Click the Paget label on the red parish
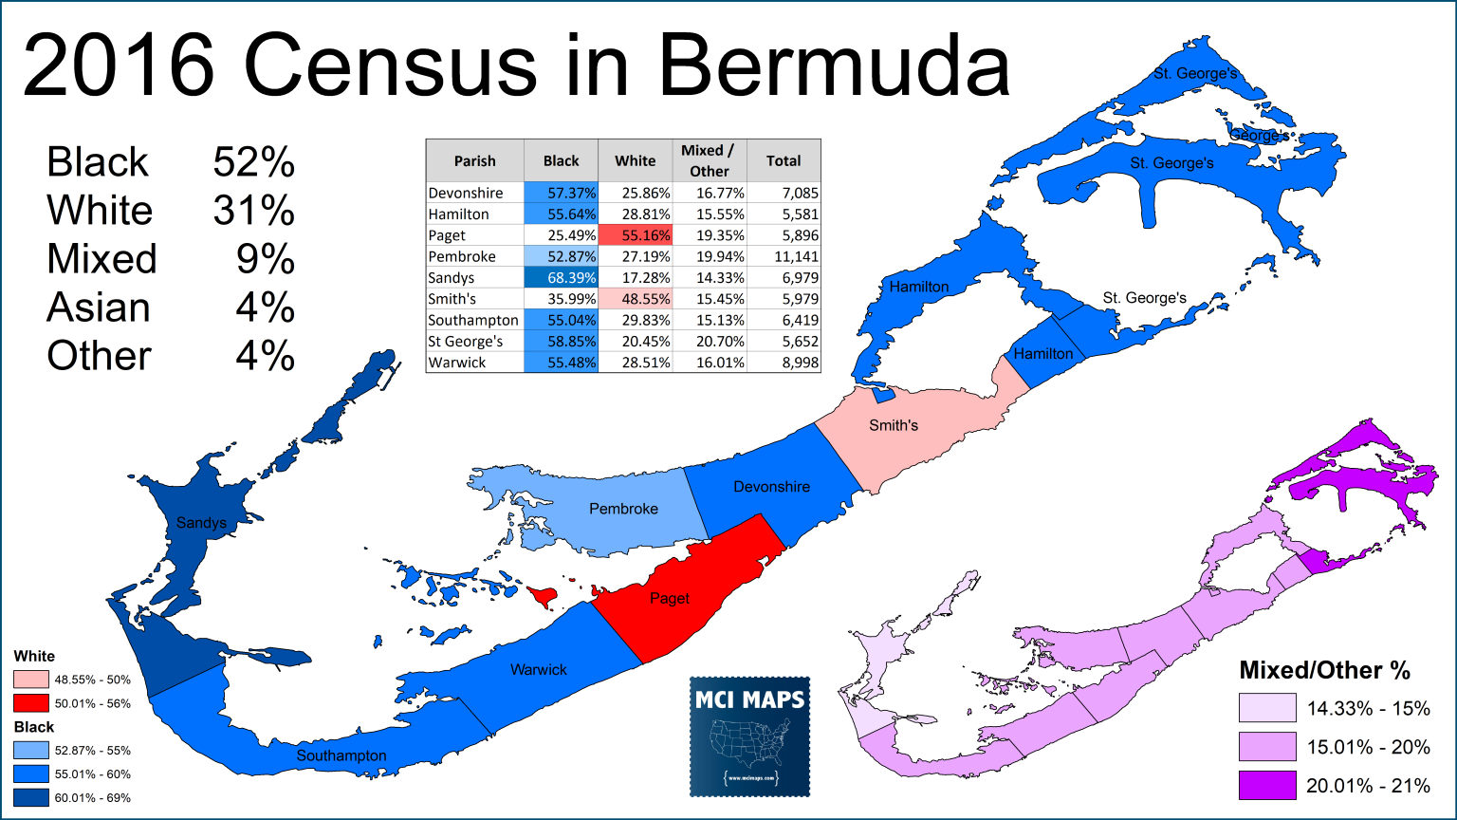click(670, 599)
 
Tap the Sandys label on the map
click(201, 523)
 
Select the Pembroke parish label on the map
click(623, 509)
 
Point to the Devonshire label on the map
click(771, 487)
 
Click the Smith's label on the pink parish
click(894, 425)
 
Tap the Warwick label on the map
click(539, 670)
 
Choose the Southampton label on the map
click(341, 755)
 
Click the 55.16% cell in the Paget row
click(636, 235)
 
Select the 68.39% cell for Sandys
click(562, 278)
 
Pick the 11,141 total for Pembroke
click(784, 256)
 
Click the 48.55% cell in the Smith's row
click(636, 299)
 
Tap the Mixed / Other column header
click(709, 160)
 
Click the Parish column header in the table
click(475, 160)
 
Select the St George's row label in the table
click(466, 341)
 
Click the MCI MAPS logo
click(749, 736)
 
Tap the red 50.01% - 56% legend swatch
click(31, 703)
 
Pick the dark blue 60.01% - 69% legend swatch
click(31, 797)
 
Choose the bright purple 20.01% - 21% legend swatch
click(1266, 786)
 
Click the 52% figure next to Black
click(254, 162)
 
